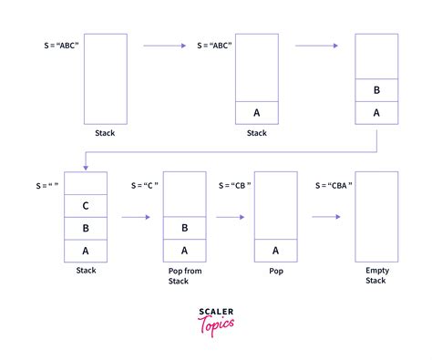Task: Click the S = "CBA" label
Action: pyautogui.click(x=334, y=185)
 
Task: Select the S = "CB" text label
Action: pyautogui.click(x=235, y=185)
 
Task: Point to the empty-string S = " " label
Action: pyautogui.click(x=47, y=185)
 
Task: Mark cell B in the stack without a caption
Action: pyautogui.click(x=377, y=90)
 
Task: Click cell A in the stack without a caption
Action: pyautogui.click(x=377, y=112)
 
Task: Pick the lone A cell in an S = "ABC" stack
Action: pyautogui.click(x=257, y=112)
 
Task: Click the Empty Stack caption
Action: pyautogui.click(x=375, y=275)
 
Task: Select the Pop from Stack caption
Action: pyautogui.click(x=185, y=275)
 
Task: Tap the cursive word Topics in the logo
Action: pyautogui.click(x=218, y=324)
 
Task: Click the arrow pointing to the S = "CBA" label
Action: pyautogui.click(x=325, y=217)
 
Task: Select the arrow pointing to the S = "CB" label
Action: pyautogui.click(x=231, y=217)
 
